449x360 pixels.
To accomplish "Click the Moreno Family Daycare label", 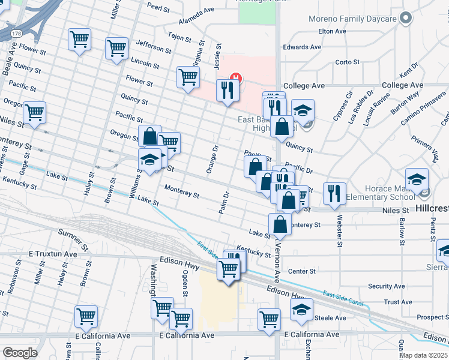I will (x=352, y=19).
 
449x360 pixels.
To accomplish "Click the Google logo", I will (x=20, y=352).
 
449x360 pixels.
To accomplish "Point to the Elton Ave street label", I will (x=333, y=31).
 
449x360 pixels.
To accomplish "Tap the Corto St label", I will (x=347, y=62).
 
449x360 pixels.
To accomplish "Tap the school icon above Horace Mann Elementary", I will (x=417, y=179).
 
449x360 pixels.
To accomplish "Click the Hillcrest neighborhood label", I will (x=432, y=209).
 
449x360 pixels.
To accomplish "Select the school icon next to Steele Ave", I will (x=301, y=310).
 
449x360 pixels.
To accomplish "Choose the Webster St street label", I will (x=340, y=231).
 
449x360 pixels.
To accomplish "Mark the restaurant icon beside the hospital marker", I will (x=227, y=90).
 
